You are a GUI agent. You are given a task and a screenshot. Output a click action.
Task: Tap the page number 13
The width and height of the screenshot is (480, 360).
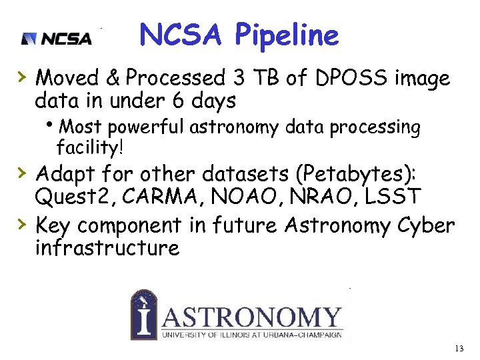[x=458, y=349]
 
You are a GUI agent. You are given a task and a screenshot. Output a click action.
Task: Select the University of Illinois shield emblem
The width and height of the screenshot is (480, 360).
[x=143, y=314]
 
